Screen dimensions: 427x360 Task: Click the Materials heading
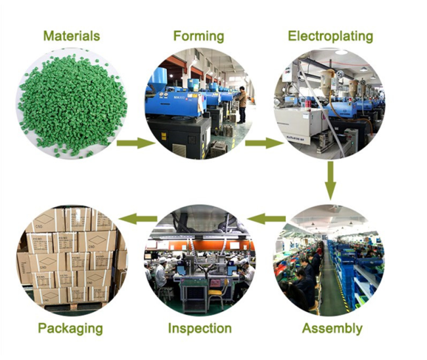tap(72, 36)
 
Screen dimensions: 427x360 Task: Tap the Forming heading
tap(199, 37)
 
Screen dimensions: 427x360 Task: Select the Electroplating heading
tap(330, 37)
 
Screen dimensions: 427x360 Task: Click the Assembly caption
tap(332, 328)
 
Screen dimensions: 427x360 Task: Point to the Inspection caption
tap(200, 328)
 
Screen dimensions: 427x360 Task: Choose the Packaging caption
tap(70, 328)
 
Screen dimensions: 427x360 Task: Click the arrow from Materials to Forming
tap(136, 143)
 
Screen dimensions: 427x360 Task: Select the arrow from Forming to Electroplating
tap(264, 143)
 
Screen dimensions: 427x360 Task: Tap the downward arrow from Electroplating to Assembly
tap(330, 181)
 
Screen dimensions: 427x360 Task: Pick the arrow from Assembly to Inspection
tap(266, 219)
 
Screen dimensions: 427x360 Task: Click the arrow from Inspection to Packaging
tap(138, 219)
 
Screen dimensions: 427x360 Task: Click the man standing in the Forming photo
tap(242, 104)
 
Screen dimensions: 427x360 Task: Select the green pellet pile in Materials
tap(72, 104)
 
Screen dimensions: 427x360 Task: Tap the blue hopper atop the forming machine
tap(157, 76)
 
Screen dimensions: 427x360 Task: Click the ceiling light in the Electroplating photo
tap(341, 52)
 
